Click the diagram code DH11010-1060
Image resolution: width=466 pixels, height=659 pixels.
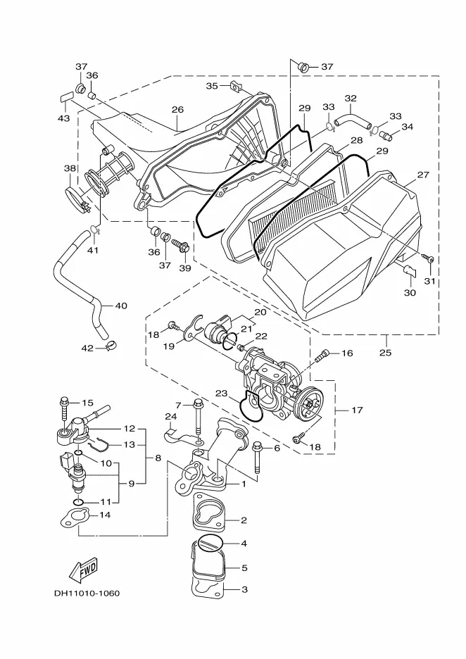(87, 593)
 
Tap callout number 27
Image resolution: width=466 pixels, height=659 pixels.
(423, 175)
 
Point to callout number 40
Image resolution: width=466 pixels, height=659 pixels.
(120, 306)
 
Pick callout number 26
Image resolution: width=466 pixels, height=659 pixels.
(177, 110)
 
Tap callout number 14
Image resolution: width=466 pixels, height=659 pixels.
(105, 515)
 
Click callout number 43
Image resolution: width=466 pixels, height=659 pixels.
(64, 118)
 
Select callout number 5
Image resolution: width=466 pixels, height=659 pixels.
(244, 567)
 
